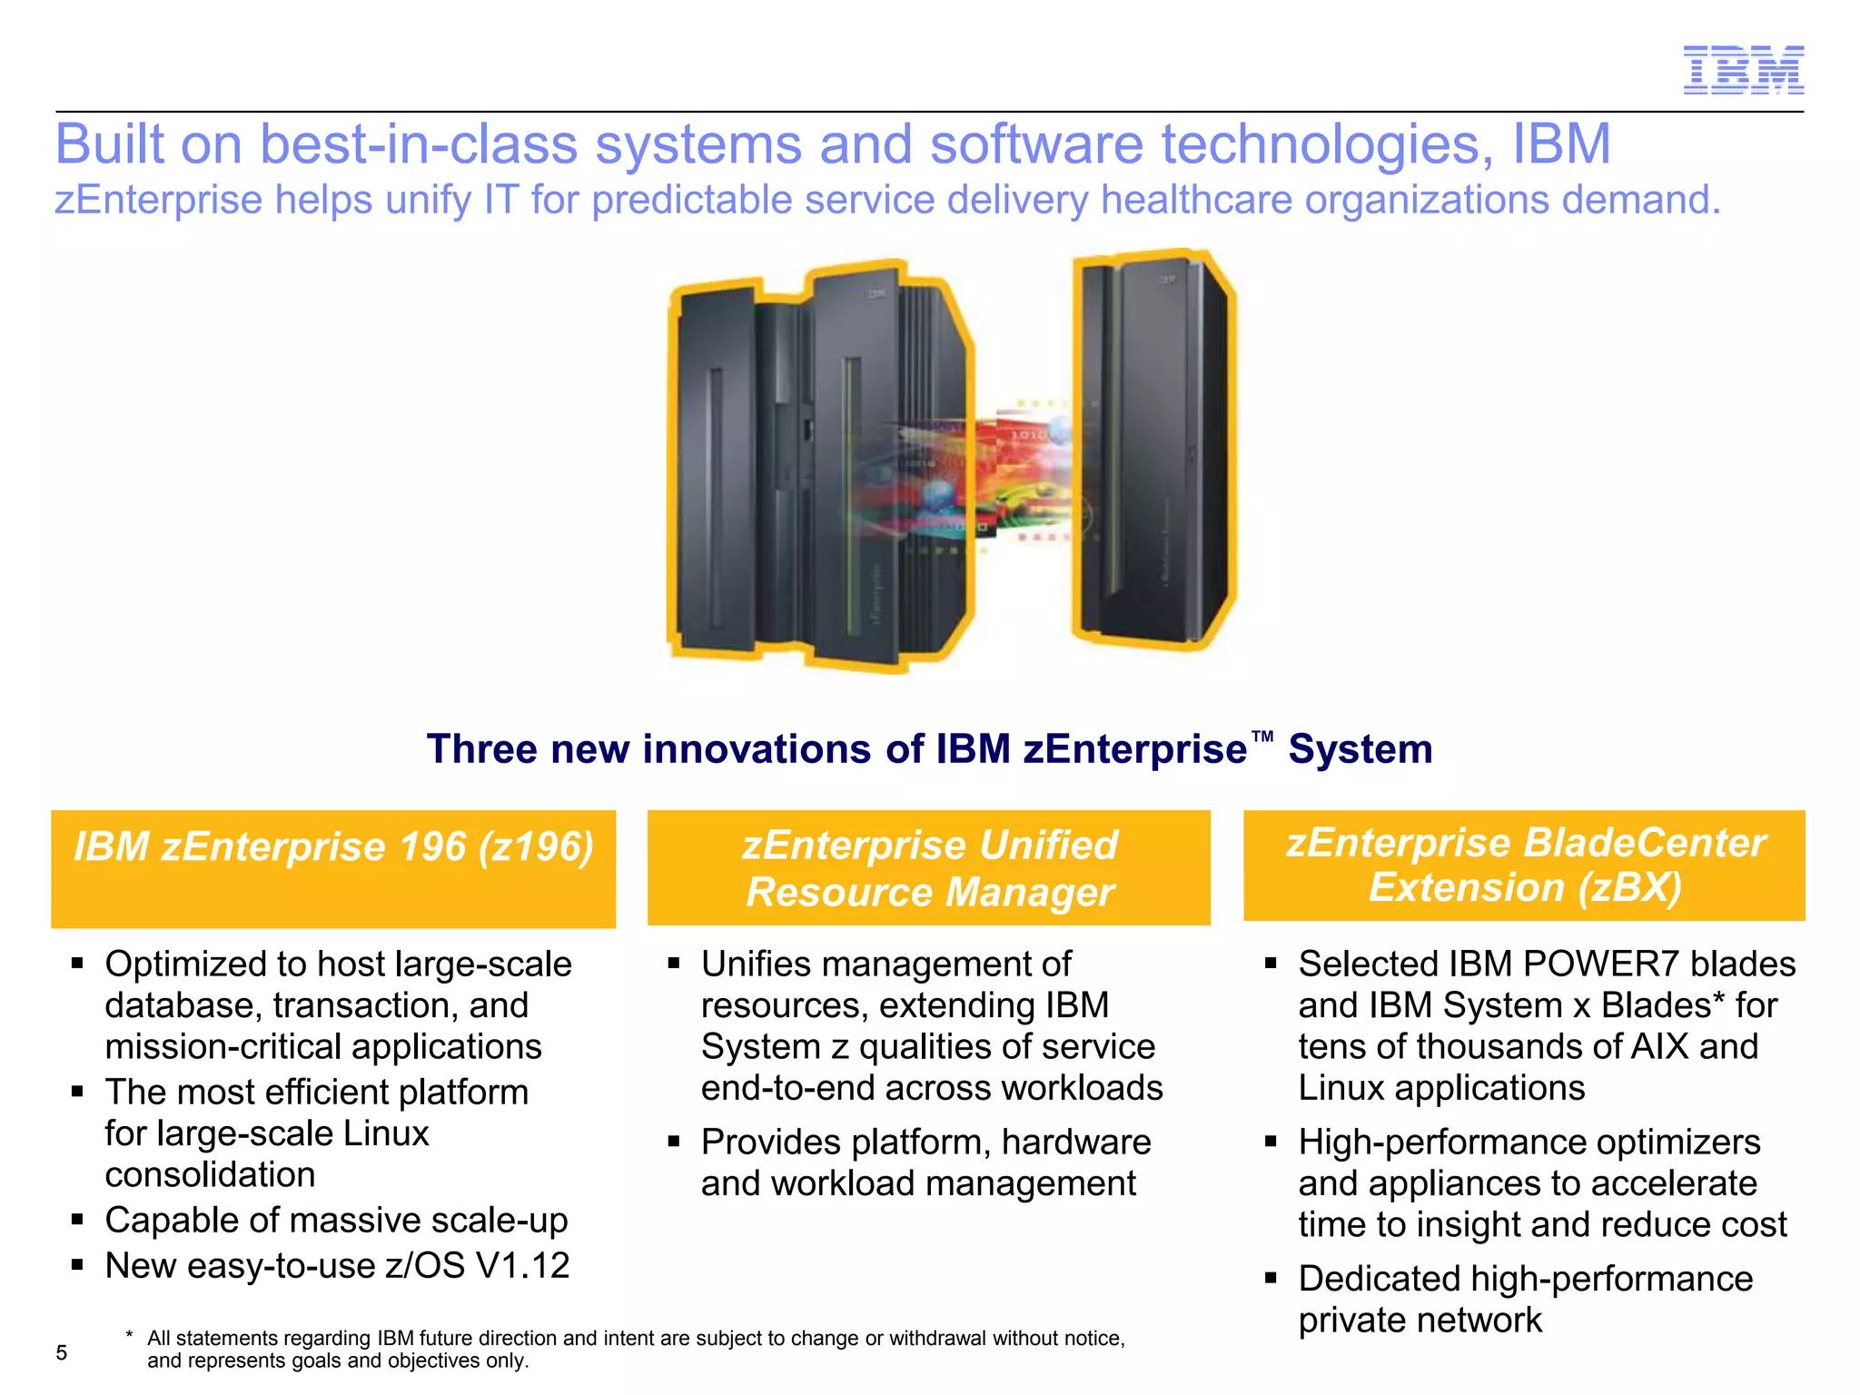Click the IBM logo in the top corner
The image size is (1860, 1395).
(x=1743, y=70)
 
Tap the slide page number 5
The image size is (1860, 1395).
(x=62, y=1352)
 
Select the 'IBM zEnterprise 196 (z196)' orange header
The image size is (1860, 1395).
(x=333, y=867)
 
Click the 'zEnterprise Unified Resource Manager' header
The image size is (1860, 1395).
(x=929, y=867)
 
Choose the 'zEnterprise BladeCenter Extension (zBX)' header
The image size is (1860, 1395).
(x=1524, y=865)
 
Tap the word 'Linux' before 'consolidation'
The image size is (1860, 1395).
(x=386, y=1133)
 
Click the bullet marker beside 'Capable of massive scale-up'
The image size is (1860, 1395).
(x=78, y=1219)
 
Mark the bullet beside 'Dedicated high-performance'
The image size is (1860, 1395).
(x=1271, y=1278)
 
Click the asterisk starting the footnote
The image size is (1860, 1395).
(x=130, y=1335)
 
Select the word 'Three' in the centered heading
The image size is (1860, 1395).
(x=481, y=749)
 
